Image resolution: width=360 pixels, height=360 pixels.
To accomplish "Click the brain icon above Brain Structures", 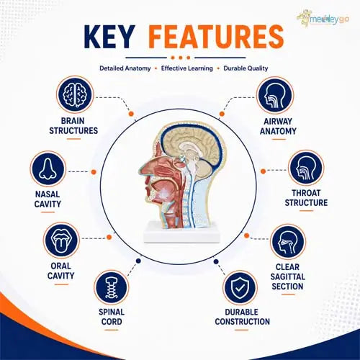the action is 75,94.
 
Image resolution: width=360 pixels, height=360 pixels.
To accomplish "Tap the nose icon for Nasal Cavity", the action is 48,169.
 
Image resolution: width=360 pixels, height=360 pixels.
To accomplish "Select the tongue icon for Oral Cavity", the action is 61,240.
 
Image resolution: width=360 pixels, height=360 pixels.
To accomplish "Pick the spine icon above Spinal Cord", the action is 112,287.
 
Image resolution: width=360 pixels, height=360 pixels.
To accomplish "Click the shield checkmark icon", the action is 240,287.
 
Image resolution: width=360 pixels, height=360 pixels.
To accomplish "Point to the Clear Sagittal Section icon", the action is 288,242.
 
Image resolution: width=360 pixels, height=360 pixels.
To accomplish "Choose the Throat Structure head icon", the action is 306,168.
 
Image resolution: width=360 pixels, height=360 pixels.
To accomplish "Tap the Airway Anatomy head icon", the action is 275,95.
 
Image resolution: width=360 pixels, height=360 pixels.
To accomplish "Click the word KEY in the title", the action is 109,37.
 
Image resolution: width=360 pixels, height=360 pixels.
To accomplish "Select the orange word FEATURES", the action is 216,37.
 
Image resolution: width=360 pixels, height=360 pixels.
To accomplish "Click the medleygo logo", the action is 323,19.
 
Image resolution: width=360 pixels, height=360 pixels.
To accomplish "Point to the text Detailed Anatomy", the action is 125,68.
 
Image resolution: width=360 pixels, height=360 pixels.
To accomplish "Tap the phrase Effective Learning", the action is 187,68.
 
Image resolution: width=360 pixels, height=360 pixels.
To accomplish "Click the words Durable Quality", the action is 246,68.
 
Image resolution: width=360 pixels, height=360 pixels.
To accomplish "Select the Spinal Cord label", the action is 112,317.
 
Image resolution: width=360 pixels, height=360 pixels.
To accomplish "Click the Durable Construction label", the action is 243,317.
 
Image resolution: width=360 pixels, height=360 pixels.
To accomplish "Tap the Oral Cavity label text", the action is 61,271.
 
